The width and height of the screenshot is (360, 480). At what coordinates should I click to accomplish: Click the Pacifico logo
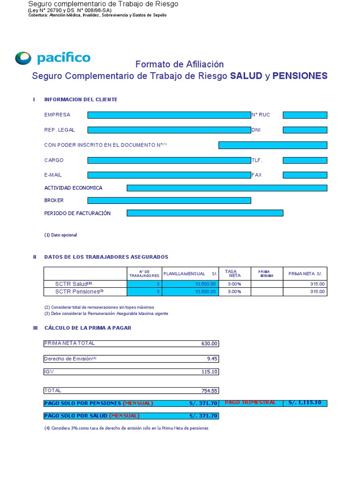point(52,58)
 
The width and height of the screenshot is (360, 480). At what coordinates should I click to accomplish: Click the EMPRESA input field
point(169,115)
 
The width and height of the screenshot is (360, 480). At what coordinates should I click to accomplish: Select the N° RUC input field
point(305,115)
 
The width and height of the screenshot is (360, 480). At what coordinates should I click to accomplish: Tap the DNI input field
point(305,130)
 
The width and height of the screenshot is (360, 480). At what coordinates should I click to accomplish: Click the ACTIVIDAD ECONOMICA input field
point(227,188)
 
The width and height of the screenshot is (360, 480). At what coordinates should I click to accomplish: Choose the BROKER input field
point(169,201)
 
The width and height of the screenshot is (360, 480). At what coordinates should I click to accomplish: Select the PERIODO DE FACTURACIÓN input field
point(205,213)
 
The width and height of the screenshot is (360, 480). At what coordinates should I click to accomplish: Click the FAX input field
point(305,175)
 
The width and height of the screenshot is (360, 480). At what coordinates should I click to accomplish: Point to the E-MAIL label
point(53,175)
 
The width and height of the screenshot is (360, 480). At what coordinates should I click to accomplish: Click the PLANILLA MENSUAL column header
point(190,273)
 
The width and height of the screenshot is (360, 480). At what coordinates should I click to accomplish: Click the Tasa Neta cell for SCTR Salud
point(234,284)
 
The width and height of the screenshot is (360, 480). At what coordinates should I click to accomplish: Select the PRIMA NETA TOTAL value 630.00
point(210,344)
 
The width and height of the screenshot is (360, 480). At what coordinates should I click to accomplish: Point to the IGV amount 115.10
point(210,372)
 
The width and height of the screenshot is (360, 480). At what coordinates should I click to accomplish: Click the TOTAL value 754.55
point(210,390)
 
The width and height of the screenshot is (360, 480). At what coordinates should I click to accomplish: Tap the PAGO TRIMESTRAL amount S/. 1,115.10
point(305,403)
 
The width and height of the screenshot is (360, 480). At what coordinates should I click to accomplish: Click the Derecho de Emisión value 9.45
point(212,359)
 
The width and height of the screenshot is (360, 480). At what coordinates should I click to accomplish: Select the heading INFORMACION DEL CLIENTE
point(81,99)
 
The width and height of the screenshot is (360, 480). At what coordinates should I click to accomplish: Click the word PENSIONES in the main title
point(300,76)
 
